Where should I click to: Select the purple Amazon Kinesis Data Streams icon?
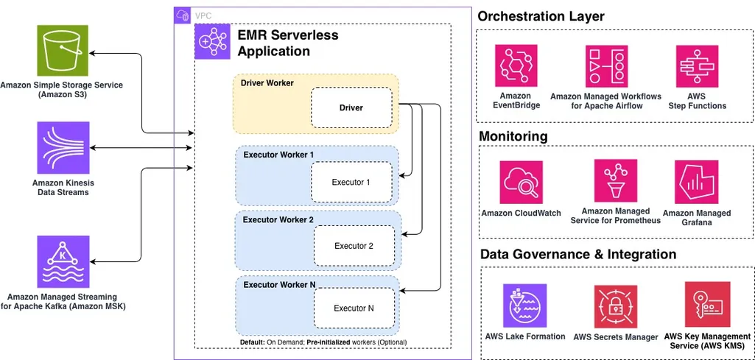62,147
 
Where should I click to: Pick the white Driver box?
351,107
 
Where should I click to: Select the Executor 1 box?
351,182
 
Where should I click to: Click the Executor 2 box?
354,246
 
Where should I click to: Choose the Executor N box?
354,308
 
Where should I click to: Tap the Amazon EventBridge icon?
516,67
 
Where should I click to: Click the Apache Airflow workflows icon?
606,67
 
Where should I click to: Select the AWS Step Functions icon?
697,67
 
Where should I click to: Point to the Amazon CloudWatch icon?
521,183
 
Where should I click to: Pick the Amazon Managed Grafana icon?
696,183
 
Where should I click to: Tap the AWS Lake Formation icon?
525,305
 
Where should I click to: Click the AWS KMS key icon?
707,304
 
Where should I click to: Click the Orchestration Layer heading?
541,16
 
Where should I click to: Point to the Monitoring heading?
513,136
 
